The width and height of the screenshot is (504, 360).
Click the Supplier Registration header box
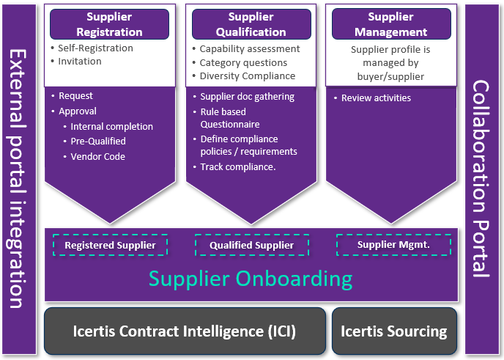(x=109, y=24)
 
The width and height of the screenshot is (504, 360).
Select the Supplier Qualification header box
(x=251, y=24)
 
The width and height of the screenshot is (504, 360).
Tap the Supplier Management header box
(x=390, y=24)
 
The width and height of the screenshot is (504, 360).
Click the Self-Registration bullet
(x=96, y=48)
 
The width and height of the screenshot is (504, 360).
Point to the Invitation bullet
(x=80, y=62)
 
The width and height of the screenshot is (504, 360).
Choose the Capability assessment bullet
(x=250, y=49)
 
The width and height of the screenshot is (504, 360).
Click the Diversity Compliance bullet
(x=248, y=76)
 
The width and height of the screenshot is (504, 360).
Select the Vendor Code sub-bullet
(x=97, y=157)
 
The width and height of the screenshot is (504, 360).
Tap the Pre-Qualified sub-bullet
(x=98, y=142)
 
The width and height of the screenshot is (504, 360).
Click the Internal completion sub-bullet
(x=111, y=127)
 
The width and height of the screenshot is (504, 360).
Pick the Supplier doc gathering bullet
(x=247, y=97)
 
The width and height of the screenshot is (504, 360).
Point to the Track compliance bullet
(x=237, y=167)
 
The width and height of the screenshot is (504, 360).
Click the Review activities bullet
(x=376, y=98)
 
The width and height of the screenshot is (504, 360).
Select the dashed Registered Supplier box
(x=110, y=246)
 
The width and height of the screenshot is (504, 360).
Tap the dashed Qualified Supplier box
(x=251, y=246)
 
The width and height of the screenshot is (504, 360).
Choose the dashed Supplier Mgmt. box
(x=393, y=245)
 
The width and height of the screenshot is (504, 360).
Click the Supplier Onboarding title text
(x=251, y=279)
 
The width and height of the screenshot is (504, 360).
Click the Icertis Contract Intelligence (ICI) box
(x=185, y=331)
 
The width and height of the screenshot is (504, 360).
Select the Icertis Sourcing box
(x=394, y=331)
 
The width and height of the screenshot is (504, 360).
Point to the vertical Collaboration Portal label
(x=481, y=180)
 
